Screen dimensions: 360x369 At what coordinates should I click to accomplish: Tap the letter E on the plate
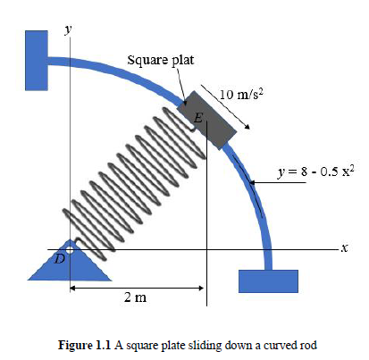198,118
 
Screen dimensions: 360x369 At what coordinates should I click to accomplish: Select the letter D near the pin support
61,258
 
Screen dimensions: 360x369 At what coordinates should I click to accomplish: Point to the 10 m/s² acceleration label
242,94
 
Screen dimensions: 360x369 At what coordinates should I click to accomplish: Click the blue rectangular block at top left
36,60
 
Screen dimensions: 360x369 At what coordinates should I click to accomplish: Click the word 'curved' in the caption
270,345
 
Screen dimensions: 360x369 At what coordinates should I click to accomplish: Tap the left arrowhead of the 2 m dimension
73,288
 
